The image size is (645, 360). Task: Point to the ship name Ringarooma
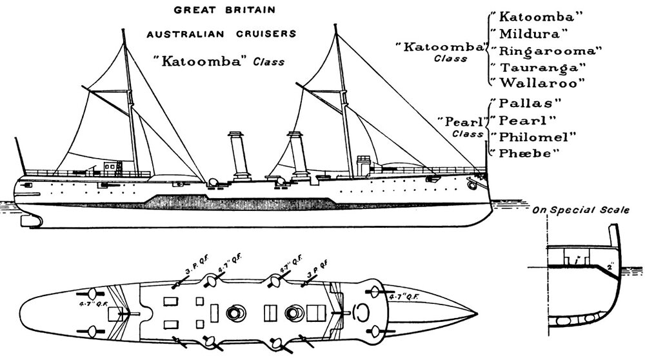click(x=546, y=50)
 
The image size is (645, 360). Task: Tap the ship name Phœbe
click(x=526, y=153)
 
